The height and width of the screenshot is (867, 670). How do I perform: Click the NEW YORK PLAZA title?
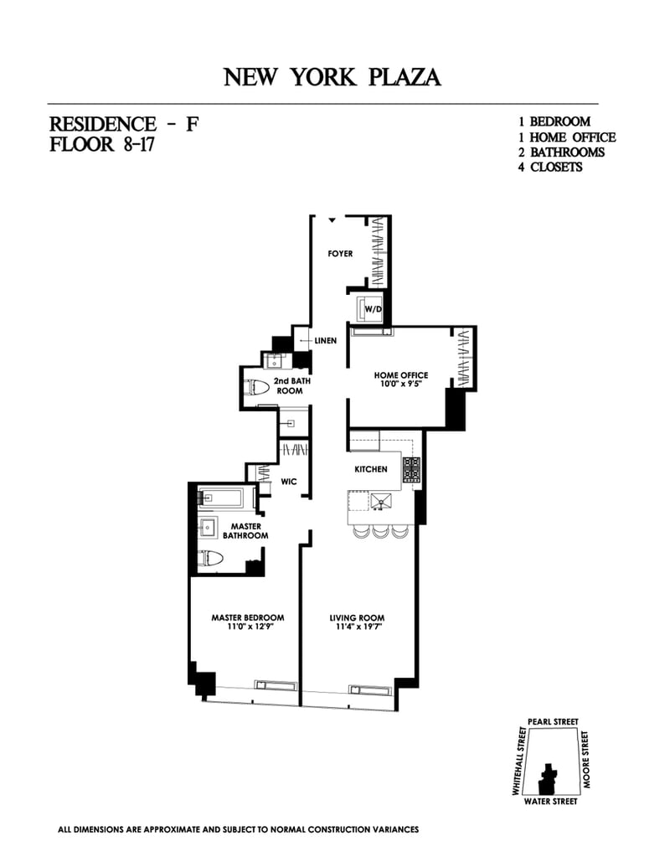point(332,78)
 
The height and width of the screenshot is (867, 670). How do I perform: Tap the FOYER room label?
point(340,254)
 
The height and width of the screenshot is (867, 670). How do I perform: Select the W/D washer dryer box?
point(372,310)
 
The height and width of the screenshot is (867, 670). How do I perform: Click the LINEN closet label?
point(325,341)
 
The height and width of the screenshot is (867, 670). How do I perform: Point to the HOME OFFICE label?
point(401,375)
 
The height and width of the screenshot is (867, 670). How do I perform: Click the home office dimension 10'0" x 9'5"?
point(401,385)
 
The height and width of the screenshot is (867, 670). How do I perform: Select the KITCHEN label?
point(371,469)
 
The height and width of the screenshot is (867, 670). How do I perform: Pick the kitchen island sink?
point(382,501)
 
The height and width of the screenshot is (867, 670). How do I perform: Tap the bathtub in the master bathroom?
point(221,498)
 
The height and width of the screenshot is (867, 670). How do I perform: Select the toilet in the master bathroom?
point(209,559)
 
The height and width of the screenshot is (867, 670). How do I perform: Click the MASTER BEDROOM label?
point(242,618)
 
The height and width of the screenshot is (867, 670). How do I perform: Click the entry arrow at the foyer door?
point(332,220)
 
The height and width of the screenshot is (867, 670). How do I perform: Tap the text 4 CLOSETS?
point(550,167)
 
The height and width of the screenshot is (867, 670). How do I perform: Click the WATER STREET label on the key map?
point(549,801)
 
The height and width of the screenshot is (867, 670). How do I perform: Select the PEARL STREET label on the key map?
point(553,721)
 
